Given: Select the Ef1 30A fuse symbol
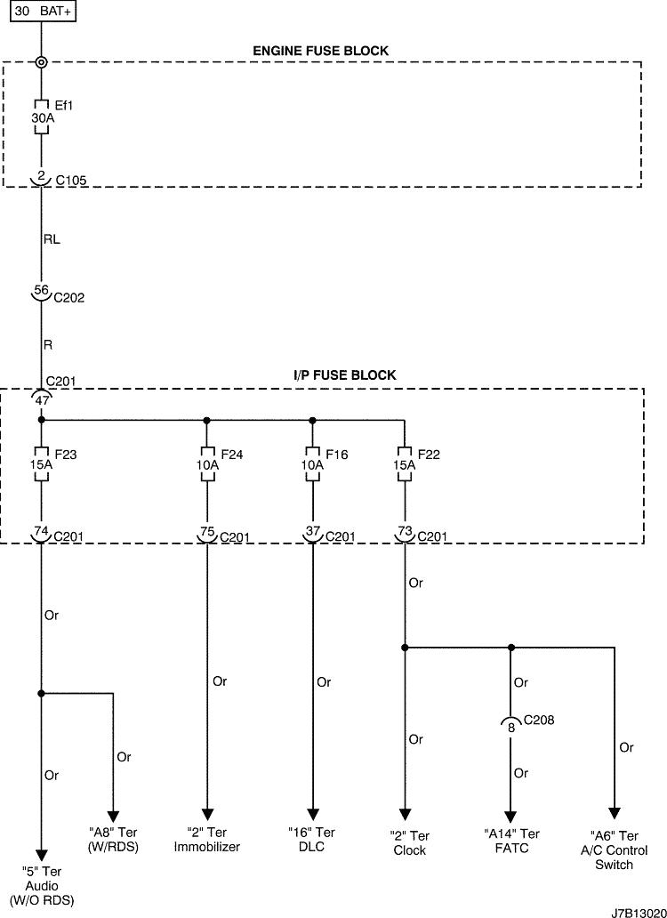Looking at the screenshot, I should point(41,117).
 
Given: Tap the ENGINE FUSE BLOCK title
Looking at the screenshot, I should point(321,51).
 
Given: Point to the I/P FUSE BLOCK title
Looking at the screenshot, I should point(345,375).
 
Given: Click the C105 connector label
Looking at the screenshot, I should point(71,181).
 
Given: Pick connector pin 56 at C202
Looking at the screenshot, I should point(41,289).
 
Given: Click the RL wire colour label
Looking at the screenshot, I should point(52,239).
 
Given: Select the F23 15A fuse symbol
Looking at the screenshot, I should point(41,464).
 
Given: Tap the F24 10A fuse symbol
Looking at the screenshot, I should point(207,464).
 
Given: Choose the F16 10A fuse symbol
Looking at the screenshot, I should point(312,464).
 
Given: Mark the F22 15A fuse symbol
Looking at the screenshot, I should point(405,464).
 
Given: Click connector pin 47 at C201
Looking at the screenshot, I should point(41,400).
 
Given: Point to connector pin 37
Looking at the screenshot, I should point(312,531).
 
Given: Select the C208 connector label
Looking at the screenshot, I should point(539,720).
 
